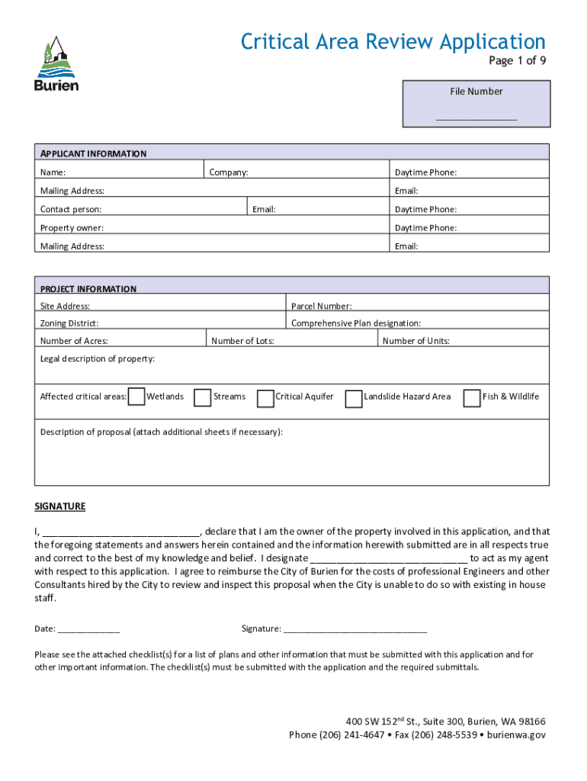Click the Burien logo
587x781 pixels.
tap(56, 64)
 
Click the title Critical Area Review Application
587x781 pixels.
tap(393, 41)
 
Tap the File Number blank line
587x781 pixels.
tap(476, 118)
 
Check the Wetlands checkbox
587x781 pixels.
tap(137, 397)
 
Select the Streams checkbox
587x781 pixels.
tap(203, 397)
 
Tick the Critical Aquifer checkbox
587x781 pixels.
tap(266, 398)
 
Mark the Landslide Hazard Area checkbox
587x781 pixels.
tap(354, 399)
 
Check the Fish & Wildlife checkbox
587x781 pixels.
tap(472, 397)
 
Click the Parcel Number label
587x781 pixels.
tap(321, 307)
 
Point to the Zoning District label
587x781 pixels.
tap(69, 324)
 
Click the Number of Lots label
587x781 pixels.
tap(242, 341)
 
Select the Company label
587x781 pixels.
tap(229, 172)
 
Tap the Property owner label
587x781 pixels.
tap(72, 228)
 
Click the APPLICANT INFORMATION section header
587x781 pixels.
tap(93, 153)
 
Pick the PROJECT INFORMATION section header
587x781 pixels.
tap(88, 289)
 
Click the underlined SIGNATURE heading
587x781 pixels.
tap(60, 506)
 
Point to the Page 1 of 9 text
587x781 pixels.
tap(517, 62)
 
